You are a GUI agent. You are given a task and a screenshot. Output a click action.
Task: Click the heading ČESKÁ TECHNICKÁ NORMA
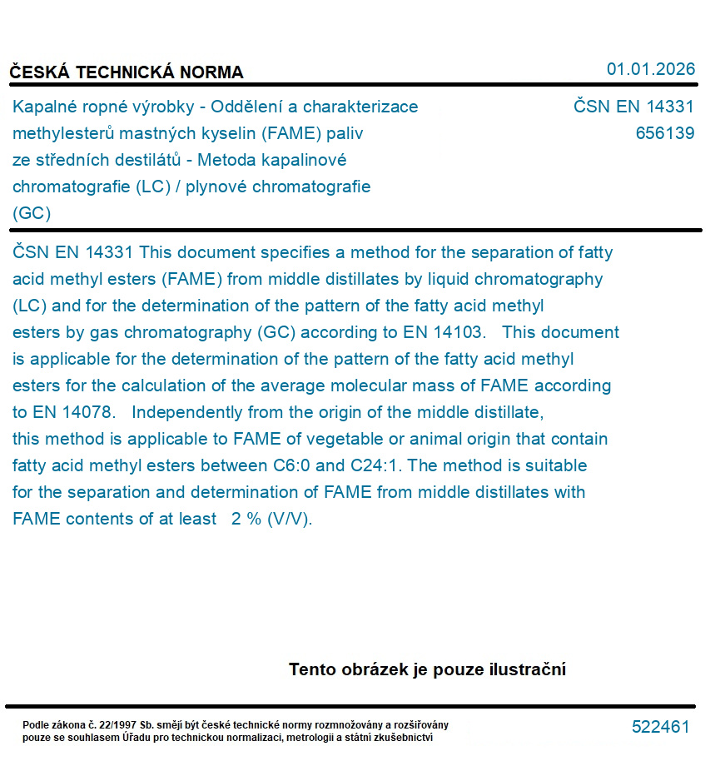127,72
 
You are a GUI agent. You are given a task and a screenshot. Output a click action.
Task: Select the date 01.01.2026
650,69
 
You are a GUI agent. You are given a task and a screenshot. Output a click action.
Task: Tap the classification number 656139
664,133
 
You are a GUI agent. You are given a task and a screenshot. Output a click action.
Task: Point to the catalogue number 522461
660,727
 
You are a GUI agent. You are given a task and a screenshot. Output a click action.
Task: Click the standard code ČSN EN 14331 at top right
633,107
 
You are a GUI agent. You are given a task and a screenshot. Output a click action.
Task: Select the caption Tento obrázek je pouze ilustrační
427,669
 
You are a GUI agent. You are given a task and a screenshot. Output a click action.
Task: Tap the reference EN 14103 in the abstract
444,332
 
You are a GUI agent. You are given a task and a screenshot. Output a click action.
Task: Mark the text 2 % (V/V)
271,519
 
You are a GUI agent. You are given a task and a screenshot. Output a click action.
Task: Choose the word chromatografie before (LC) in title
71,187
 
